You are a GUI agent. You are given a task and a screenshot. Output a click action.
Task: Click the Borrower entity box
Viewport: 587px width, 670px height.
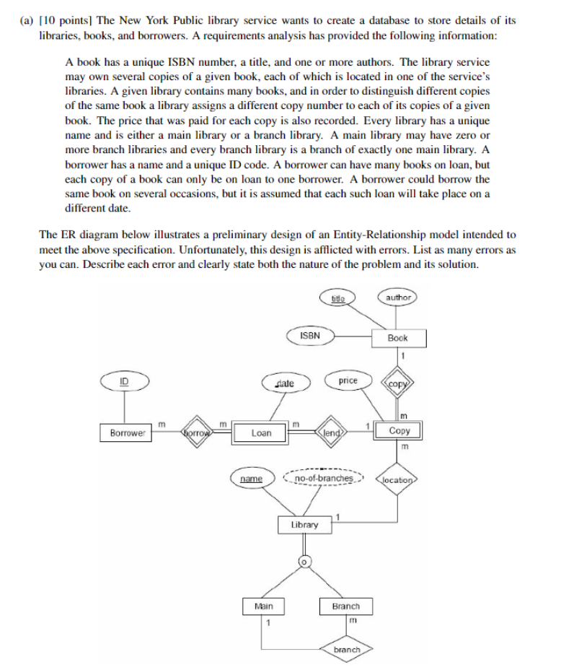coord(128,432)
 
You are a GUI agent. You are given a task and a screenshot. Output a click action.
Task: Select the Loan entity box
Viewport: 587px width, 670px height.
coord(261,432)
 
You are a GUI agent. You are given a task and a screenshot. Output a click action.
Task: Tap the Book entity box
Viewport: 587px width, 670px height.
coord(397,337)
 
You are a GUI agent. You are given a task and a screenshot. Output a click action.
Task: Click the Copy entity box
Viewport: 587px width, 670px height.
coord(399,431)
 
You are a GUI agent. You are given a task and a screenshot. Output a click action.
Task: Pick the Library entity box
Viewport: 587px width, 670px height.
coord(304,525)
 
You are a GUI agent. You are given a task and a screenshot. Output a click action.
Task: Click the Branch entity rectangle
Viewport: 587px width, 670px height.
coord(345,606)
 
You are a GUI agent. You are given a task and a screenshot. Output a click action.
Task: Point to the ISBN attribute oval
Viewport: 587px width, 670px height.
coord(309,335)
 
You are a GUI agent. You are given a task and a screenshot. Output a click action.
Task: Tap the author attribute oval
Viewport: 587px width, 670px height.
coord(397,297)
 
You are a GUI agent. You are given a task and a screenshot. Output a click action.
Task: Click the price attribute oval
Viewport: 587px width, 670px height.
coord(348,380)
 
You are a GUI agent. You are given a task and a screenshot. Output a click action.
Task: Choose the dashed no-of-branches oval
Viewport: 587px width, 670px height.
coord(325,478)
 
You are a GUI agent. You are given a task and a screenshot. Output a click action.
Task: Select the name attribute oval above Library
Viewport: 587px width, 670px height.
coord(251,478)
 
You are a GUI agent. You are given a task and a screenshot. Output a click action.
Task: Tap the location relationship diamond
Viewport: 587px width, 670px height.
coord(397,479)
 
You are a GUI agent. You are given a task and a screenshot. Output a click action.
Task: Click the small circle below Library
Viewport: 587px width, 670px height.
coord(304,561)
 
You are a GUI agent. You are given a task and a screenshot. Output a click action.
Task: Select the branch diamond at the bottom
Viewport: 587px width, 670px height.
coord(347,650)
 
